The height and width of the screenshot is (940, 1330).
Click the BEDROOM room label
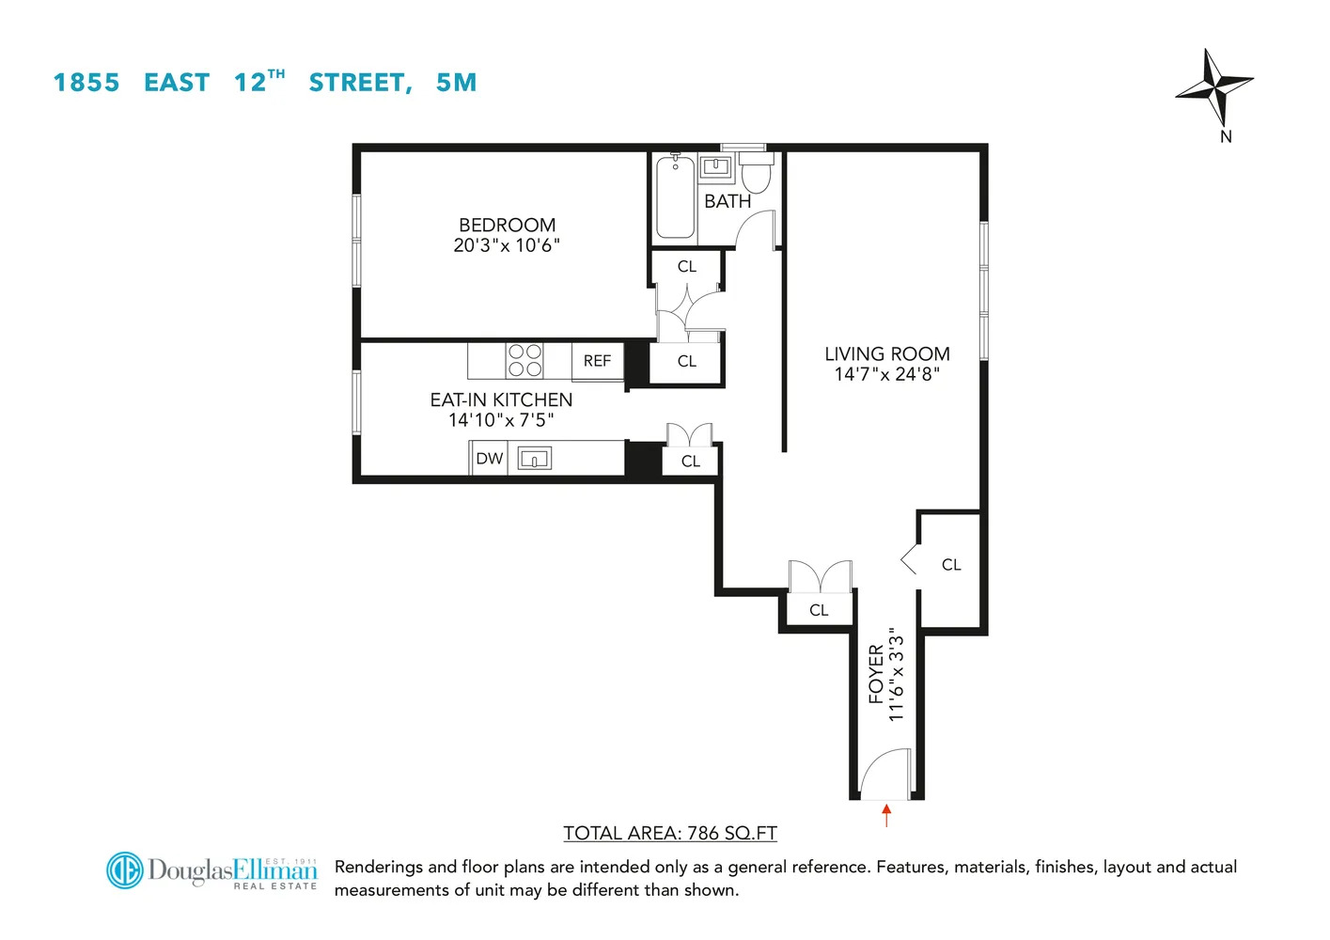pyautogui.click(x=507, y=225)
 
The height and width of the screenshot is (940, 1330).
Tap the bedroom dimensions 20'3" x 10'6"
pyautogui.click(x=507, y=245)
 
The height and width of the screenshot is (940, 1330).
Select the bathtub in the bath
pyautogui.click(x=675, y=197)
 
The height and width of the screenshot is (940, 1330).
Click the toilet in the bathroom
pyautogui.click(x=757, y=174)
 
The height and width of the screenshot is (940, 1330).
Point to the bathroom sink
pyautogui.click(x=717, y=167)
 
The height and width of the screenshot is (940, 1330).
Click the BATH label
pyautogui.click(x=728, y=201)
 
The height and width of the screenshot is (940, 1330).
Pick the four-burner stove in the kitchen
pyautogui.click(x=524, y=361)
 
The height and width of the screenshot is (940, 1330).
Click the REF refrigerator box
pyautogui.click(x=597, y=361)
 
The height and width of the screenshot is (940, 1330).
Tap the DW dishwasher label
pyautogui.click(x=489, y=459)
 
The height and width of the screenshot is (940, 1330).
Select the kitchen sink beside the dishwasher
pyautogui.click(x=534, y=459)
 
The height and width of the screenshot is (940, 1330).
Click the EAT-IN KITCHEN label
pyautogui.click(x=501, y=399)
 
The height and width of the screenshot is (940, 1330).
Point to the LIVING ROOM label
pyautogui.click(x=886, y=353)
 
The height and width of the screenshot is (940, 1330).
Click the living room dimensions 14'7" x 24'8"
pyautogui.click(x=886, y=374)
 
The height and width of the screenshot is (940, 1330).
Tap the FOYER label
pyautogui.click(x=876, y=674)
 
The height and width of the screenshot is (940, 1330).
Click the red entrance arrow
pyautogui.click(x=886, y=814)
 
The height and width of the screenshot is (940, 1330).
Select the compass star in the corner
pyautogui.click(x=1214, y=86)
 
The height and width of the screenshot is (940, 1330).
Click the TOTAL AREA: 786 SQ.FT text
pyautogui.click(x=670, y=833)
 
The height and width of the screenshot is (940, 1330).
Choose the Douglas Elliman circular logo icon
pyautogui.click(x=124, y=870)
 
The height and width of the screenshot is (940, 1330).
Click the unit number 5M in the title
pyautogui.click(x=456, y=83)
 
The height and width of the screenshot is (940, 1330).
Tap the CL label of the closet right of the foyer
pyautogui.click(x=951, y=565)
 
